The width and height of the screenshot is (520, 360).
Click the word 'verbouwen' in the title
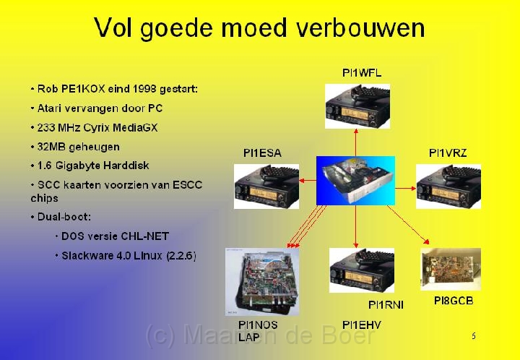tap(360, 27)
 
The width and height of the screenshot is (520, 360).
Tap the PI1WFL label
tap(362, 73)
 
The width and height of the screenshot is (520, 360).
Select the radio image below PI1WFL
tap(357, 106)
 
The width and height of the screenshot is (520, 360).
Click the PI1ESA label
tap(262, 153)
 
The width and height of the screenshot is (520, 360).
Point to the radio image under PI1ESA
tap(266, 187)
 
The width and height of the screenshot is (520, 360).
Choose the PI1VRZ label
tap(448, 153)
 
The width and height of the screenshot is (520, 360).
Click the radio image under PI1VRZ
tap(448, 187)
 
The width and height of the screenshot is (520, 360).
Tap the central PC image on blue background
tap(355, 181)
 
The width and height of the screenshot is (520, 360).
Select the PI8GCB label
tap(454, 301)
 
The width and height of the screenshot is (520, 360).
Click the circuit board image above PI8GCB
tap(451, 270)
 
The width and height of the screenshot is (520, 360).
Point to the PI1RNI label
tap(386, 305)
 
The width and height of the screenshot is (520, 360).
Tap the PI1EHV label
tap(362, 325)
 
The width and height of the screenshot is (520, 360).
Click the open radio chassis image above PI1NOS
tap(262, 282)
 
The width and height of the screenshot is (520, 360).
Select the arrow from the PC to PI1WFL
tap(356, 142)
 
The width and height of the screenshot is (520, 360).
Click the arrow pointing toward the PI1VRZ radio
tap(406, 189)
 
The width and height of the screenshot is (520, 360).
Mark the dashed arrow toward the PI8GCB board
tap(408, 225)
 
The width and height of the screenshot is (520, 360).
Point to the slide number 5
tap(474, 335)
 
